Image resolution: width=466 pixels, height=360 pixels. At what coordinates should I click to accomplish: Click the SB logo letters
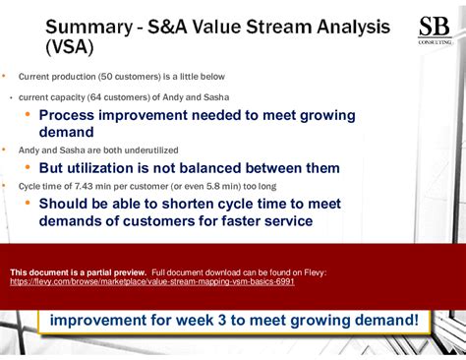(434, 28)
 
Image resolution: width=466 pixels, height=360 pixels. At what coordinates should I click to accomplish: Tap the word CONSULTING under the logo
(434, 43)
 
